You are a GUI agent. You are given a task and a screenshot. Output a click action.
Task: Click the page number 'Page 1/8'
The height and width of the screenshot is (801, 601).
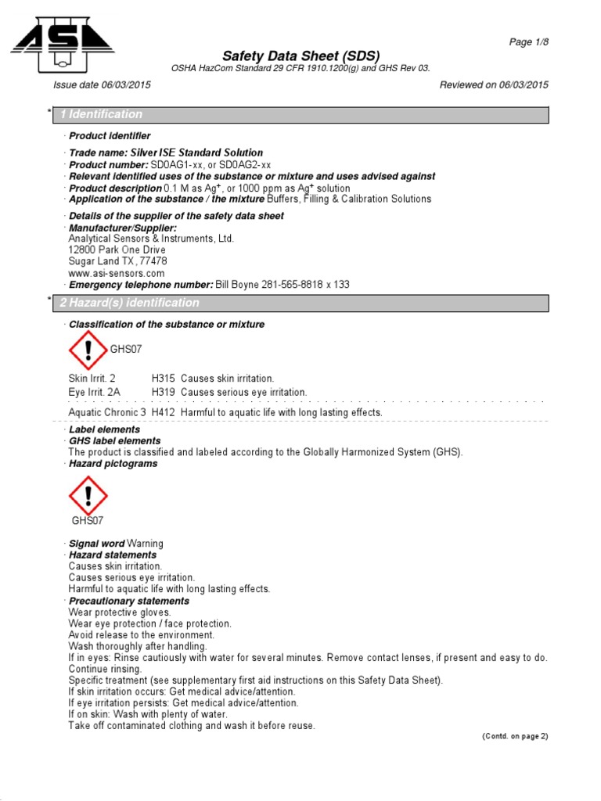(528, 42)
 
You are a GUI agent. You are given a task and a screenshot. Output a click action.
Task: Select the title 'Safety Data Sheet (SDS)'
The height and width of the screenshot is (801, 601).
(300, 56)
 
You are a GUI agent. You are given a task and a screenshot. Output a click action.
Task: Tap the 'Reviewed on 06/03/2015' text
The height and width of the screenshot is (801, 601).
(494, 84)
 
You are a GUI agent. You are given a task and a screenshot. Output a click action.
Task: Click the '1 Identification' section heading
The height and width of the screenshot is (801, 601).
(102, 114)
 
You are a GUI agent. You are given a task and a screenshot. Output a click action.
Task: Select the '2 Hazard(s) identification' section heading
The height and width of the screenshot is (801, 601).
(130, 303)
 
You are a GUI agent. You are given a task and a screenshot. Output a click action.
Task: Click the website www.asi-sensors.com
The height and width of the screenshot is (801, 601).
(117, 273)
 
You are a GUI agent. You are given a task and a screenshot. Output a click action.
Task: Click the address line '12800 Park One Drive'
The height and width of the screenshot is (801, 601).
(117, 250)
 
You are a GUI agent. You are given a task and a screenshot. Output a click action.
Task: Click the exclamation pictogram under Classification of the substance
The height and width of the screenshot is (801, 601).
(88, 350)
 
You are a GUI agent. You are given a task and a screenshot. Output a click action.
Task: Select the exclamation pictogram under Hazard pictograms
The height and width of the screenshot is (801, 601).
(88, 494)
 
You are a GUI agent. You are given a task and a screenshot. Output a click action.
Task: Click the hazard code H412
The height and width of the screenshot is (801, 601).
(163, 412)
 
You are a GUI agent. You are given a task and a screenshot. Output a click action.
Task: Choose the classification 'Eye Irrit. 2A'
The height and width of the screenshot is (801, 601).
(98, 392)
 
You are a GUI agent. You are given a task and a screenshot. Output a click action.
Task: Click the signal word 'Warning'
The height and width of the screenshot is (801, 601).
(145, 544)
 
